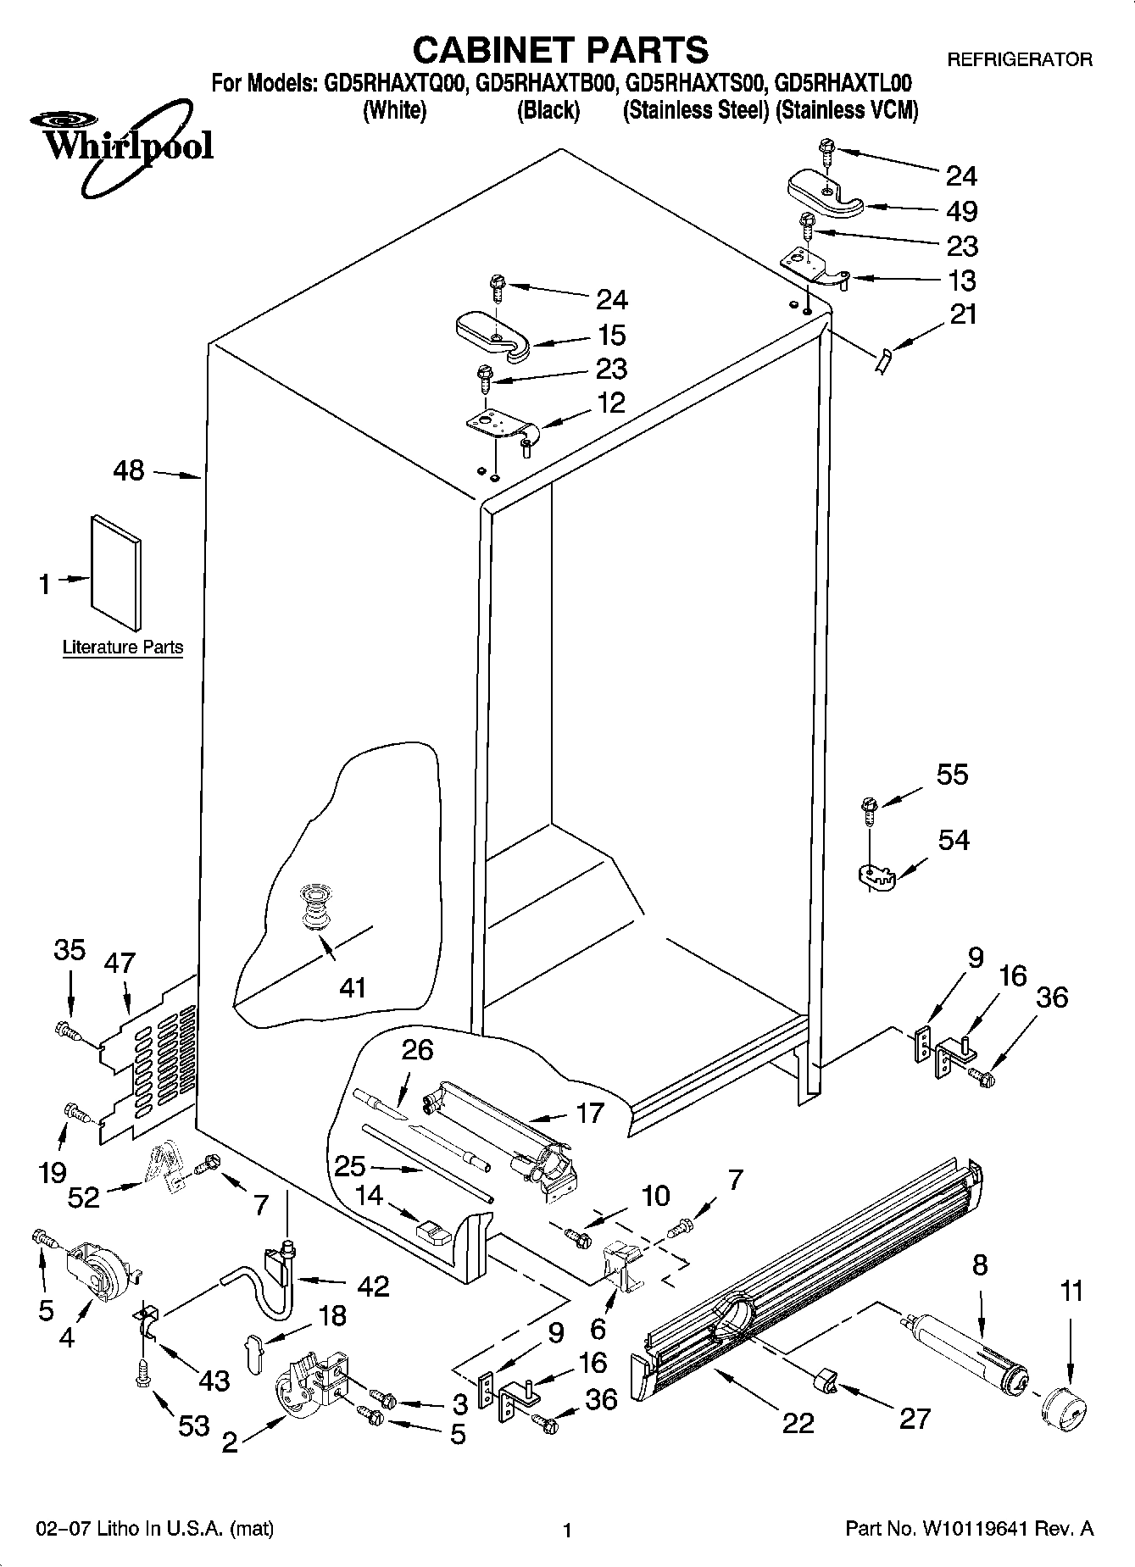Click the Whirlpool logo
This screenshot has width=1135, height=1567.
coord(125,144)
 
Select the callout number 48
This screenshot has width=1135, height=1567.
coord(129,470)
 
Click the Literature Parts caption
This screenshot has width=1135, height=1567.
coord(123,647)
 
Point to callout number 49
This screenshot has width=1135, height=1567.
coord(961,210)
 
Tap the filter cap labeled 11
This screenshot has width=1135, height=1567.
coord(1064,1409)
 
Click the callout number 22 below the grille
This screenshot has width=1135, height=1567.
coord(798,1421)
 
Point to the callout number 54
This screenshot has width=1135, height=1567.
coord(954,840)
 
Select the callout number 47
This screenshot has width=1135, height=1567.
coord(120,963)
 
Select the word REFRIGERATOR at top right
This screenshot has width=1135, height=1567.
coord(1019,59)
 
